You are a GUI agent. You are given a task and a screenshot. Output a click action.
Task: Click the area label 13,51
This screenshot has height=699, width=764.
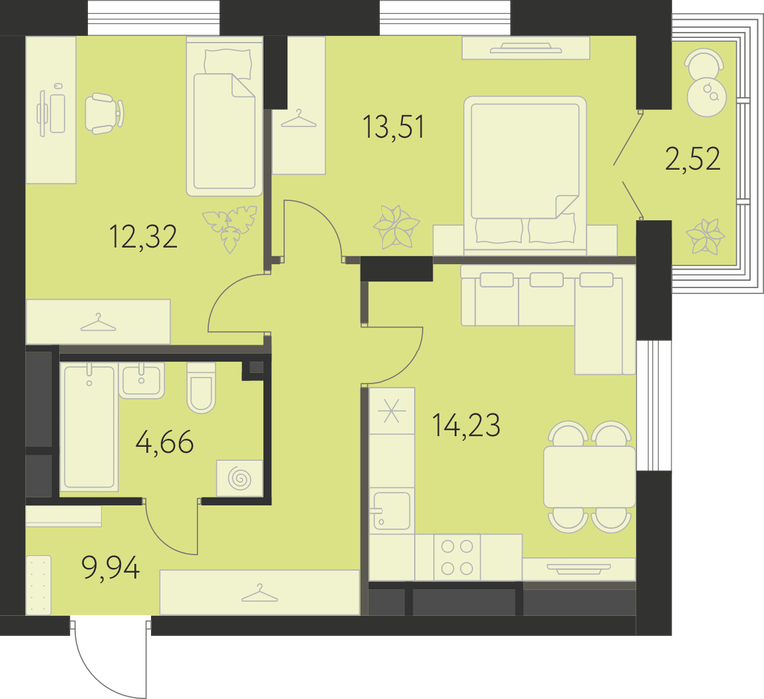393,127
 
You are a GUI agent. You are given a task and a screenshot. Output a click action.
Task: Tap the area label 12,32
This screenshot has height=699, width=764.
143,237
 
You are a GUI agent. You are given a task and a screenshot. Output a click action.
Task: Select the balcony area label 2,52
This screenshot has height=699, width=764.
692,159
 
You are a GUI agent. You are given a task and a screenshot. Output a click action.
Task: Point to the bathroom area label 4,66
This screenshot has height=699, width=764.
165,442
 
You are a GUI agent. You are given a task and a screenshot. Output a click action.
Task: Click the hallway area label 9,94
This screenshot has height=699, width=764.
111,568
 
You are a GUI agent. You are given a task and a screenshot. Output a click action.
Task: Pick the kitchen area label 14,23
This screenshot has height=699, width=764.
466,425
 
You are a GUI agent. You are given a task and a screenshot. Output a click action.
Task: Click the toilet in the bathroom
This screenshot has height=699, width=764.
201,388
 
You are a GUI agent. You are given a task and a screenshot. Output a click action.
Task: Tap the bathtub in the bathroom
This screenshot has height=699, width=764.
89,426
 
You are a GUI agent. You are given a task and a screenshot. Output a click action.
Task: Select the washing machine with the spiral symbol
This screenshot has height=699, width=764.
240,478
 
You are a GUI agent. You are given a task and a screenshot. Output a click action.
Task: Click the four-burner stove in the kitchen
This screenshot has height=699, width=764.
457,557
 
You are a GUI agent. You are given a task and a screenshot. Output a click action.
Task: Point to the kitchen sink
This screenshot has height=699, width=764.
391,510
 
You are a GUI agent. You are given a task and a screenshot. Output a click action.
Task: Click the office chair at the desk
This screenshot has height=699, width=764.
104,113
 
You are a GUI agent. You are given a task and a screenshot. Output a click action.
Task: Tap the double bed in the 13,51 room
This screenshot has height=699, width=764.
525,176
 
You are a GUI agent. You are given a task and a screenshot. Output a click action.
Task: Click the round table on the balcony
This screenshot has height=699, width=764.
707,96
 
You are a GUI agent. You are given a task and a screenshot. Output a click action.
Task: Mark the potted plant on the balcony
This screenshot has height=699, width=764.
705,237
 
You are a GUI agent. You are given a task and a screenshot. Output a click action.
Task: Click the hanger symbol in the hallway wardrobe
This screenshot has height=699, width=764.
260,593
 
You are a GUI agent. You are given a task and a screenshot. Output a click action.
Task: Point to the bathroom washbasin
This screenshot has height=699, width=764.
141,380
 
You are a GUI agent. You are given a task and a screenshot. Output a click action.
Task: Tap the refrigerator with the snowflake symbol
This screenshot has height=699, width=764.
392,411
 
